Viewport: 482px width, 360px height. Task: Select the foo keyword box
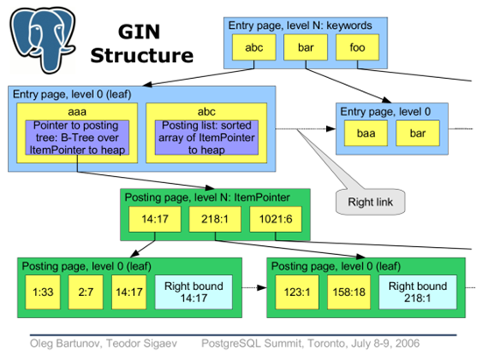(357, 48)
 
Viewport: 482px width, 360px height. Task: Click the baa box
(365, 134)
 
